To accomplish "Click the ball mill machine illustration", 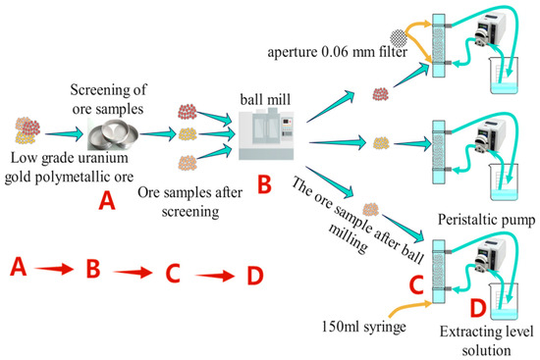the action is [x=266, y=133].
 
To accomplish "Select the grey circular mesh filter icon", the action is [x=399, y=38].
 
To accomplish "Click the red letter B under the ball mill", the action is [x=264, y=184].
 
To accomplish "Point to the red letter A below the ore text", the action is [x=107, y=201].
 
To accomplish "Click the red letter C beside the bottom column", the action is [x=416, y=285].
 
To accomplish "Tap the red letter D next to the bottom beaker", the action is [x=478, y=308].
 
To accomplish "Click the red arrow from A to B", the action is [x=54, y=269].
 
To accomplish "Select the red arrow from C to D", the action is [x=215, y=276].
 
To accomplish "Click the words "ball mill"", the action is [x=265, y=99].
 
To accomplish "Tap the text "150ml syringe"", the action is [x=363, y=327].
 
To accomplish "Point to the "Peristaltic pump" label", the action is [x=487, y=220].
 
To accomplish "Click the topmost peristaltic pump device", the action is [x=490, y=29].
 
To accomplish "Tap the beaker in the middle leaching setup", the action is [x=504, y=181].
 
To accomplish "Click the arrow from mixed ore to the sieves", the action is [x=64, y=133].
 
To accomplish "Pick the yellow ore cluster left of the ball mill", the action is [x=188, y=134].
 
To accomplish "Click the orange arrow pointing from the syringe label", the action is [x=410, y=309].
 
